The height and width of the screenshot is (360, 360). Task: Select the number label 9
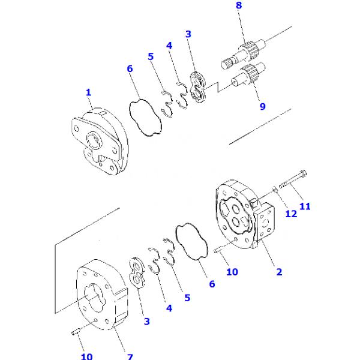click(263, 107)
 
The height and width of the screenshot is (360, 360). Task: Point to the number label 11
click(305, 206)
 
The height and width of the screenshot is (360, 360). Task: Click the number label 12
click(292, 214)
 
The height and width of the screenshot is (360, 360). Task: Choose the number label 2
click(279, 272)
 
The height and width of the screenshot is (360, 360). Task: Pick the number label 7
click(130, 356)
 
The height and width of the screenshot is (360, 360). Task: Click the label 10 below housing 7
click(86, 356)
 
